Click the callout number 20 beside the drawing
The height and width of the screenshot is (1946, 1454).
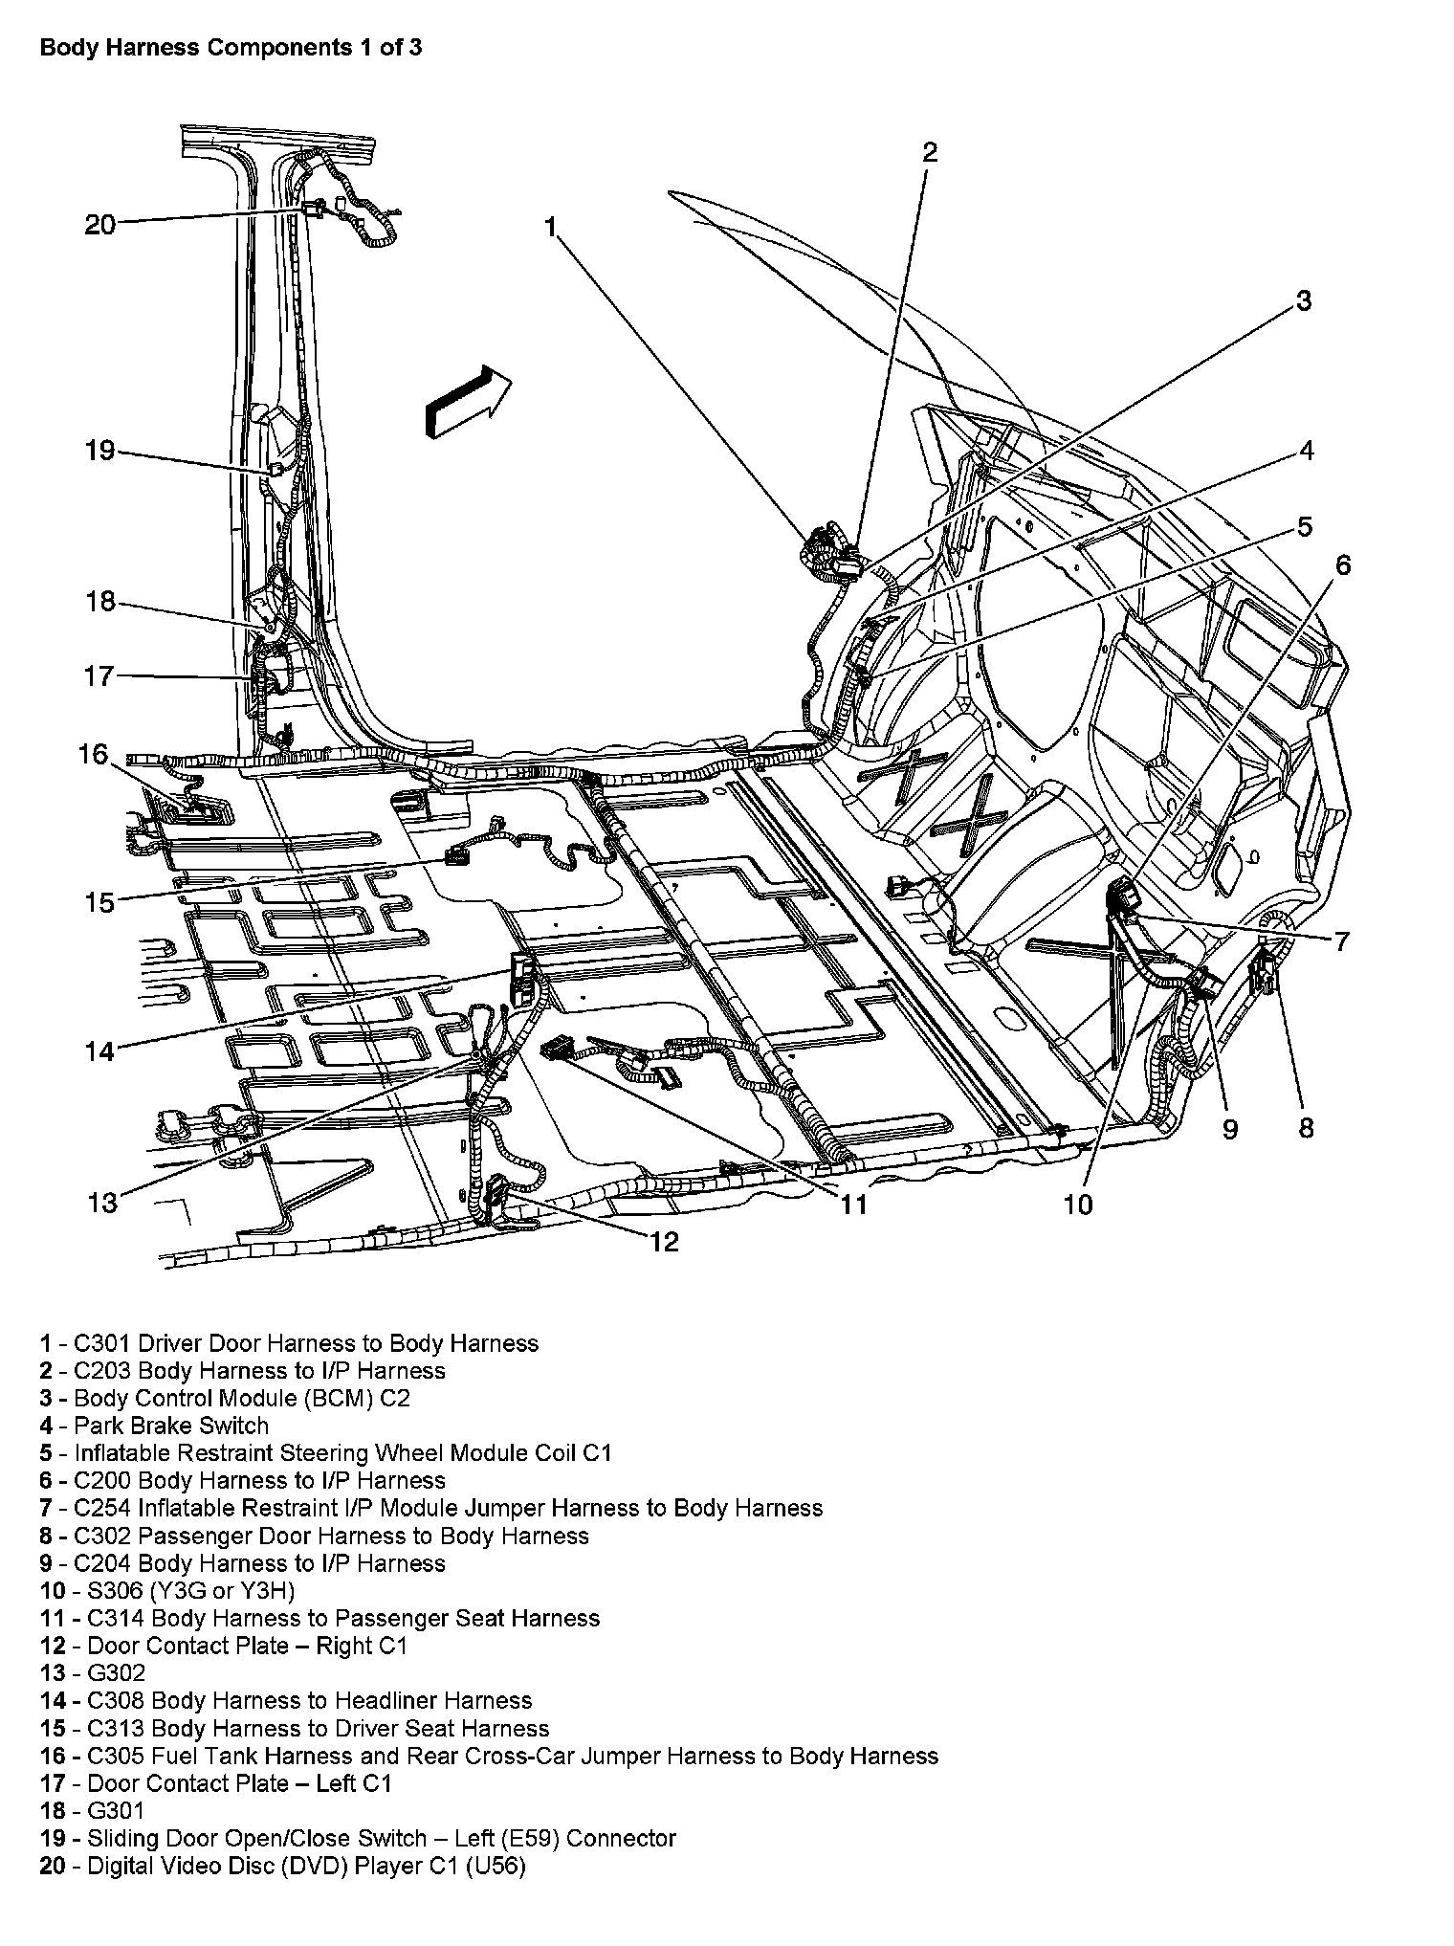tap(99, 225)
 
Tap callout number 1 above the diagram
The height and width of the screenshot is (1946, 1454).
tap(550, 227)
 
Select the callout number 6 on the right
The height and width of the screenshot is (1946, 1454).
tap(1343, 565)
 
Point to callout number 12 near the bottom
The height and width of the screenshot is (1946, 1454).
tap(664, 1242)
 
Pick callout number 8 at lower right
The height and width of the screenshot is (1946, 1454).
tap(1307, 1128)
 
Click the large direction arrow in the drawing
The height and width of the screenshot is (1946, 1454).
tap(468, 402)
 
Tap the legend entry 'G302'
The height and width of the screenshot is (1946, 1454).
tap(116, 1672)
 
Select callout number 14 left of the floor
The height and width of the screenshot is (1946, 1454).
tap(99, 1052)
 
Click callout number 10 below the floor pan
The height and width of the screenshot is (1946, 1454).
tap(1078, 1205)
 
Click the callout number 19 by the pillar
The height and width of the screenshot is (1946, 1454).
tap(99, 451)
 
